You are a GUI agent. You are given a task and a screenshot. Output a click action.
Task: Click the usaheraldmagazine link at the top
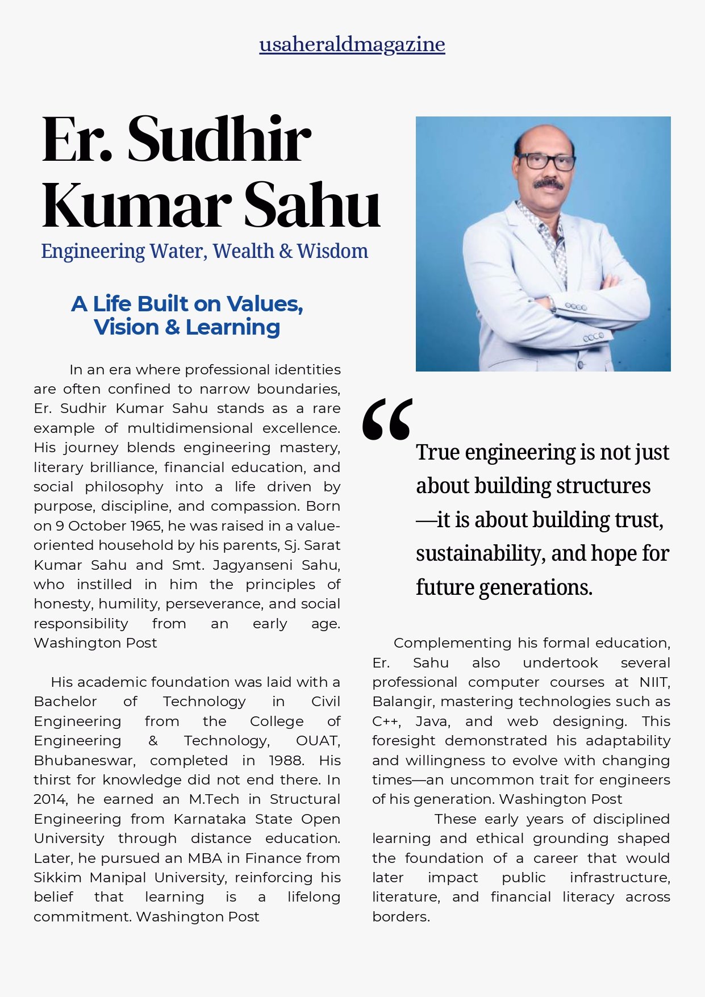tap(352, 44)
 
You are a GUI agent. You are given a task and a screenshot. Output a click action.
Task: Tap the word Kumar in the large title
tap(136, 205)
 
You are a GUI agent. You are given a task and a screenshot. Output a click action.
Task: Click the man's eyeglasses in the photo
tap(545, 161)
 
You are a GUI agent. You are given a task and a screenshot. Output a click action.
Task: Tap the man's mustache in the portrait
tap(548, 183)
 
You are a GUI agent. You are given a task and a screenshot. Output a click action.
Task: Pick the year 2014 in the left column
tap(50, 799)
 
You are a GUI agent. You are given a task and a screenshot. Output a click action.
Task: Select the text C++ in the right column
tap(386, 721)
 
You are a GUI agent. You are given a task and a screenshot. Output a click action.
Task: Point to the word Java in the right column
tap(432, 721)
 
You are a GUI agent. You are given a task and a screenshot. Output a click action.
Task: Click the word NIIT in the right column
tap(654, 682)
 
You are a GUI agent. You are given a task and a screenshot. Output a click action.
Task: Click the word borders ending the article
tap(400, 916)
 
